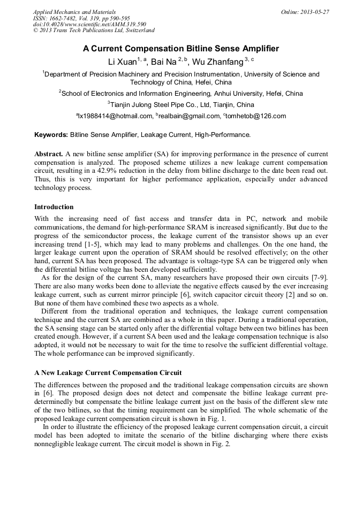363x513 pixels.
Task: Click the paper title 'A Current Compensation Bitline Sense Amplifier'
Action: click(x=181, y=49)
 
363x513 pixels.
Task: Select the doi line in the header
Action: click(x=89, y=25)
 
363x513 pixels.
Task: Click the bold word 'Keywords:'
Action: click(x=51, y=135)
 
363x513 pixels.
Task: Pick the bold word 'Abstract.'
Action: click(x=49, y=154)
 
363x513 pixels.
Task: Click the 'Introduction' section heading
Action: click(x=54, y=207)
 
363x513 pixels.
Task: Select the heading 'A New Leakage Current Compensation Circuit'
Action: click(x=108, y=372)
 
